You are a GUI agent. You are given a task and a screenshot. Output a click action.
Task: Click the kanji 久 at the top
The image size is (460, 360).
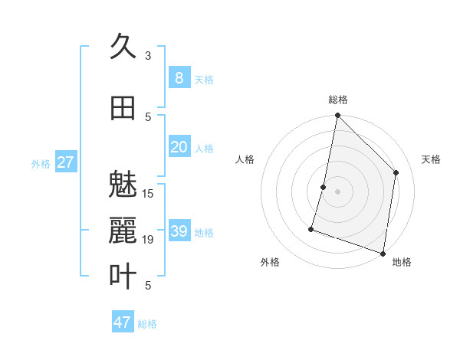[x=123, y=47]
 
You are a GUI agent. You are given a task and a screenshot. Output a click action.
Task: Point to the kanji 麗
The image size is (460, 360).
[x=123, y=230]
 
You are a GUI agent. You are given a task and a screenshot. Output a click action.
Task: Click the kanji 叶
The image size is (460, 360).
[x=123, y=276]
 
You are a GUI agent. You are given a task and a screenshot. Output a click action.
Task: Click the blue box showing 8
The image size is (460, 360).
[x=179, y=77]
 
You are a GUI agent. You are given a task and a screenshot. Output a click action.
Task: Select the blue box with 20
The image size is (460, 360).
[x=179, y=147]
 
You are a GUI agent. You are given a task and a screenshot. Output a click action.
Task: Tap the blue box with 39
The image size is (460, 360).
[x=179, y=231]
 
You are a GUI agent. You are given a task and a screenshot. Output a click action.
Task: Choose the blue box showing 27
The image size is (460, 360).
[x=65, y=162]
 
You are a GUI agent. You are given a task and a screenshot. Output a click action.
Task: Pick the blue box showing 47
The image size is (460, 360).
[x=123, y=322]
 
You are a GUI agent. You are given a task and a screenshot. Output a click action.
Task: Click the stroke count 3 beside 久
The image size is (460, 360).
[x=148, y=56]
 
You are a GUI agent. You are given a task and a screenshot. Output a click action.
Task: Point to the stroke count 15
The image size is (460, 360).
[x=148, y=193]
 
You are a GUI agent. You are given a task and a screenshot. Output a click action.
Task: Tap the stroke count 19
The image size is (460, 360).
[x=148, y=240]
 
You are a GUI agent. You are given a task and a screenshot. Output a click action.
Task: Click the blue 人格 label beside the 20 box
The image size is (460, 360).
[x=204, y=148]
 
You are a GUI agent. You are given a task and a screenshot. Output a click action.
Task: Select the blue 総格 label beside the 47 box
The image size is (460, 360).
[x=147, y=323]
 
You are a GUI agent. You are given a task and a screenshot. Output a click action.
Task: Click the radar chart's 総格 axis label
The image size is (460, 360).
[x=337, y=100]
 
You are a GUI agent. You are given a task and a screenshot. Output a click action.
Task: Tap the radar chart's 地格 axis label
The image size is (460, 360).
[x=402, y=262]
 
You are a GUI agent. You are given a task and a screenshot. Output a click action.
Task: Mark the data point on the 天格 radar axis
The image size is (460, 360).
[x=396, y=172]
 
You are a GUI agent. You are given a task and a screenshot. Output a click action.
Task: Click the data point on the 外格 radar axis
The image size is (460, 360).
[x=312, y=228]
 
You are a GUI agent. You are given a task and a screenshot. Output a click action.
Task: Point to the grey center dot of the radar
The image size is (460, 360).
[x=337, y=191]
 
